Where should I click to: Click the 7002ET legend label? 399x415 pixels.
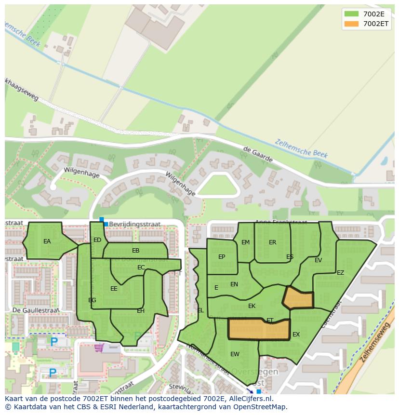pos(376,24)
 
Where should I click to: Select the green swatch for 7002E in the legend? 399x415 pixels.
pos(352,13)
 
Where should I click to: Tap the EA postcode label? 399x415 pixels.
pos(47,241)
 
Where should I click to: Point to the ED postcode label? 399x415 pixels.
pos(97,240)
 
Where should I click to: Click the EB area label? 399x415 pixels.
pos(136,251)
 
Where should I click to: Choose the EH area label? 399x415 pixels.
pos(141,311)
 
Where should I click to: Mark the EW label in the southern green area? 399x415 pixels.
pos(235,354)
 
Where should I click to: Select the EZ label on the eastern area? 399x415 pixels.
pos(341,273)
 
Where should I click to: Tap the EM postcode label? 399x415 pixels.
pos(246,242)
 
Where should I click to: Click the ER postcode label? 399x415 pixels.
pos(273,242)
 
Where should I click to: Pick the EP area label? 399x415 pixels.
pos(222,257)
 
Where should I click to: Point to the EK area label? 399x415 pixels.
pos(252,306)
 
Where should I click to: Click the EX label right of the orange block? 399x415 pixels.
pos(296,335)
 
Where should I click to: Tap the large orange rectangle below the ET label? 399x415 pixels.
pos(259,330)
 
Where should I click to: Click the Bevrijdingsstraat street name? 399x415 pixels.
pos(134,225)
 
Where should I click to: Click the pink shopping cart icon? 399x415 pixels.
pos(99,347)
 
